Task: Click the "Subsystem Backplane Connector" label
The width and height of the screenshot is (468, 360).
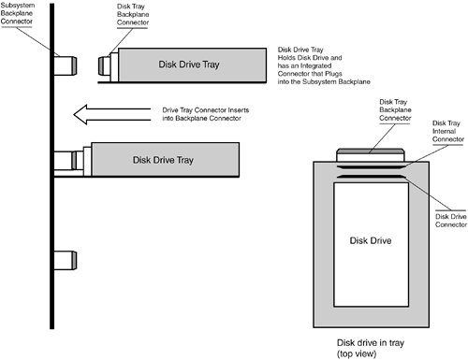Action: pos(17,13)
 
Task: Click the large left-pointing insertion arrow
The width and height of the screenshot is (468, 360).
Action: pos(112,114)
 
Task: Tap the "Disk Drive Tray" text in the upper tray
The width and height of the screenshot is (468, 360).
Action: pos(189,65)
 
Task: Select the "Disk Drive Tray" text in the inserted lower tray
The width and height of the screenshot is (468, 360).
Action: pos(163,160)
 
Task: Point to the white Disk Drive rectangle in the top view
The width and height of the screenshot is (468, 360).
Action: pos(371,245)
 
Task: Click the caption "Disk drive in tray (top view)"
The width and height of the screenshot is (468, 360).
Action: pos(371,348)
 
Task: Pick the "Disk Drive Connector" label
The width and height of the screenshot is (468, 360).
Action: pos(451,221)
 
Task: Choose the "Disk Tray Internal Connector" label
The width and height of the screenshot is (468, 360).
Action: pos(448,131)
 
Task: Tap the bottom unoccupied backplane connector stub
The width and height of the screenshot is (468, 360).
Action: pos(66,260)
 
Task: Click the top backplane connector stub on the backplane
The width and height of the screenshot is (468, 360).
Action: pos(66,65)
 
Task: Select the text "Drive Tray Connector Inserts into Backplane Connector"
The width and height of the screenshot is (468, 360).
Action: pos(206,114)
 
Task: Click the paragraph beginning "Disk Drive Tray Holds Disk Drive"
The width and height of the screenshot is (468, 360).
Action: pos(324,65)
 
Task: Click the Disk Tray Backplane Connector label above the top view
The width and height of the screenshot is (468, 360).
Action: pos(395,110)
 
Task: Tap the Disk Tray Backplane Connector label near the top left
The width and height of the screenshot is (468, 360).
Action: pos(133,14)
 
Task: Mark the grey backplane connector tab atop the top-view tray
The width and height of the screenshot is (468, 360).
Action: pos(371,151)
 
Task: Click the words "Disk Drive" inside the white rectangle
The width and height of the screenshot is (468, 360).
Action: pos(371,240)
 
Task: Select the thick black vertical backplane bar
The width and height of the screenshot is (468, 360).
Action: pos(51,166)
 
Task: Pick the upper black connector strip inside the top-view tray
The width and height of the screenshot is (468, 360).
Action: pos(371,167)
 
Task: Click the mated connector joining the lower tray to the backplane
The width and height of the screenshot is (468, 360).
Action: pos(68,161)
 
